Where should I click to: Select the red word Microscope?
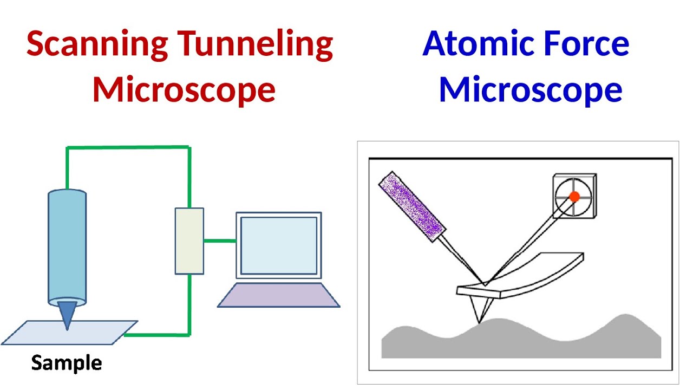(x=184, y=90)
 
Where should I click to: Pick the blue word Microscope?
(x=531, y=90)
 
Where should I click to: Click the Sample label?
(x=67, y=362)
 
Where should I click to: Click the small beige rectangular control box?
(x=189, y=241)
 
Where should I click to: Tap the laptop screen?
(x=278, y=245)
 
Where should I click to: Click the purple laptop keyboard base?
(x=278, y=295)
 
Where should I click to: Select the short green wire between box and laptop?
(x=220, y=240)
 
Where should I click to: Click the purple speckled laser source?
(x=412, y=206)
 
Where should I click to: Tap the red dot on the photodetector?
(x=575, y=197)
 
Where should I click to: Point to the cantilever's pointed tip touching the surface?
(x=479, y=321)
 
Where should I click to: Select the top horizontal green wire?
(x=128, y=147)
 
